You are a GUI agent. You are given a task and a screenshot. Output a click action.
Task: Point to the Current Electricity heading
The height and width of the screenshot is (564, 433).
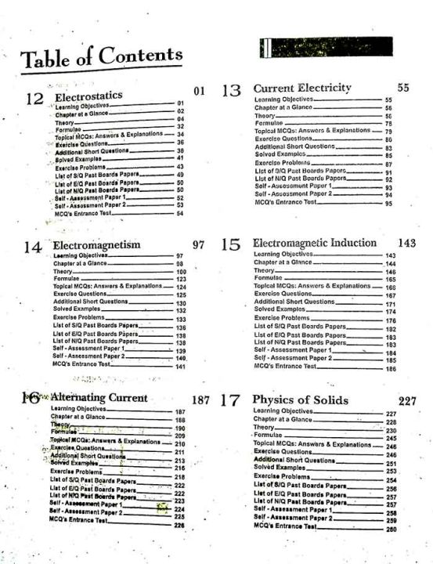pyautogui.click(x=302, y=88)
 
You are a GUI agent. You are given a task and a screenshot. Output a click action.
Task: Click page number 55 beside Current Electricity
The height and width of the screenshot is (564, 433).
pyautogui.click(x=403, y=88)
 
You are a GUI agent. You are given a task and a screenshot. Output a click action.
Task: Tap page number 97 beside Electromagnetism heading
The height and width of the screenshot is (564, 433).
pyautogui.click(x=198, y=245)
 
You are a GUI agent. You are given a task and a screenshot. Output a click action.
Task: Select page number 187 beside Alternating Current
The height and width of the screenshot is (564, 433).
pyautogui.click(x=200, y=400)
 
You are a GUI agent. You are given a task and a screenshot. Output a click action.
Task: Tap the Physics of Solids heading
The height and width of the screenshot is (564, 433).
pyautogui.click(x=300, y=400)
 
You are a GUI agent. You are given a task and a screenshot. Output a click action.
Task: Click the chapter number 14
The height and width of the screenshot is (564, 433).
pyautogui.click(x=32, y=247)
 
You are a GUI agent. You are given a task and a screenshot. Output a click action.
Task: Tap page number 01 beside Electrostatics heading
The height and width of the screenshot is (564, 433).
pyautogui.click(x=198, y=92)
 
